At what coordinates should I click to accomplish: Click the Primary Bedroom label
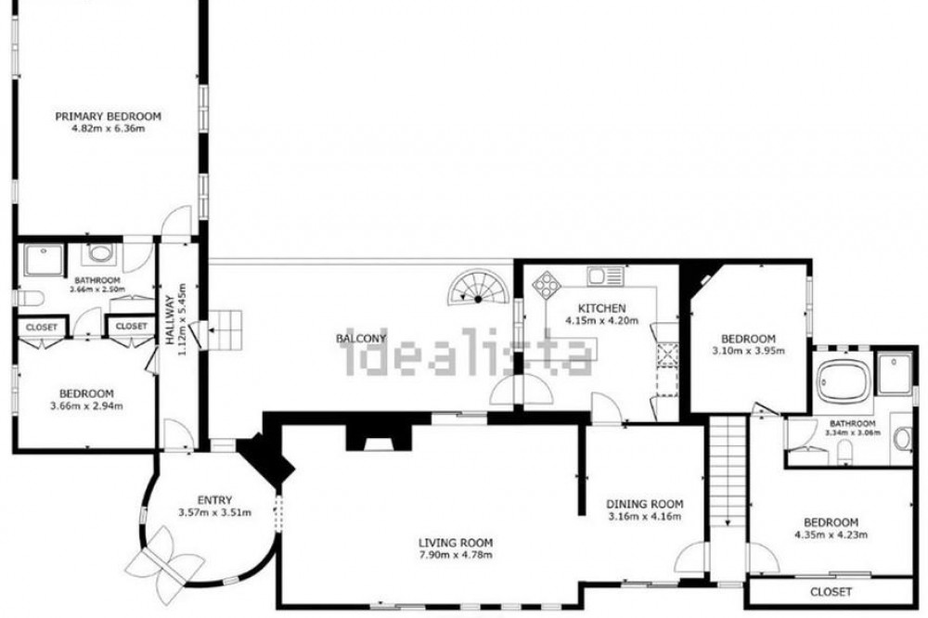(109, 117)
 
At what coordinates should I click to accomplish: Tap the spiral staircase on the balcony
(478, 287)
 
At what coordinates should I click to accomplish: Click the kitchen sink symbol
(605, 276)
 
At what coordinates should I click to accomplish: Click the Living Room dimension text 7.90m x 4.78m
(456, 555)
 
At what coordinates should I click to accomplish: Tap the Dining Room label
(645, 505)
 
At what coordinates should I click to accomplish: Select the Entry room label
(214, 500)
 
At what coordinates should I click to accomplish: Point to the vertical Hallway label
(171, 320)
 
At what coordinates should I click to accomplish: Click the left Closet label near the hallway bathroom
(42, 328)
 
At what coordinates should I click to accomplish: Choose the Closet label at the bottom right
(831, 591)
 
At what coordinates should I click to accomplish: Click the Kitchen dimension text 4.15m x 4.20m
(602, 321)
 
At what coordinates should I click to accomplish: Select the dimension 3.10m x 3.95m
(748, 351)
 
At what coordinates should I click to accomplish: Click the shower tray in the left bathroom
(44, 261)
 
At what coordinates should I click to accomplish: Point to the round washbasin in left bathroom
(99, 254)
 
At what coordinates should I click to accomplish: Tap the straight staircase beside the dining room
(728, 471)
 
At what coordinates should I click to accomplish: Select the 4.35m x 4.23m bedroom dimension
(831, 535)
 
